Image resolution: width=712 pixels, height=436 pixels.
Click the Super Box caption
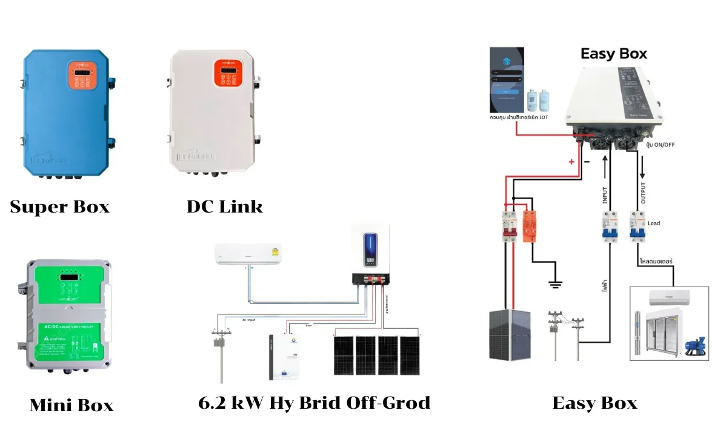click(x=59, y=207)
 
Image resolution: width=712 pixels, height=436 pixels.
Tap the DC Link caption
click(x=224, y=206)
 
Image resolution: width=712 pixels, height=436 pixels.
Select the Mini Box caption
click(x=71, y=405)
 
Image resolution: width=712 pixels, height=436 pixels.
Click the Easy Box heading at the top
click(x=613, y=53)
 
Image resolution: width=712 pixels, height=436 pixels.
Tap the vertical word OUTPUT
click(x=643, y=193)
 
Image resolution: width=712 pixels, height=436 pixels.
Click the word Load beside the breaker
click(x=654, y=223)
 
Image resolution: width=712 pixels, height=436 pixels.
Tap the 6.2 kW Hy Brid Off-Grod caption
click(x=314, y=403)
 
